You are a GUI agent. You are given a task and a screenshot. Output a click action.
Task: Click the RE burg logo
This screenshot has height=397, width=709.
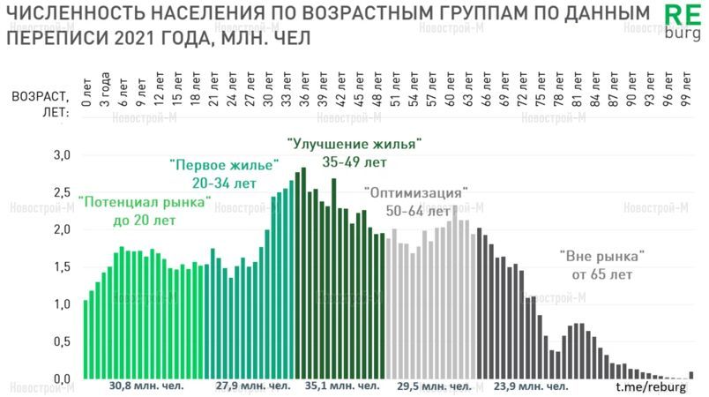point(681,24)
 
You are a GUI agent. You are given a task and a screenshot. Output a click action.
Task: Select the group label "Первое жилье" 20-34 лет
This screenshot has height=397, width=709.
point(224,174)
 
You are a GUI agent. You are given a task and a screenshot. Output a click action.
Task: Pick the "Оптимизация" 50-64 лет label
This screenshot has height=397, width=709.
point(415,202)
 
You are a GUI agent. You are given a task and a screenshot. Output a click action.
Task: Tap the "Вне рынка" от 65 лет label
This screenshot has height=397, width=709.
point(603,265)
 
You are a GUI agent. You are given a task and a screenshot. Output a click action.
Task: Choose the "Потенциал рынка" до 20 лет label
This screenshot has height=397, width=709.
point(145,211)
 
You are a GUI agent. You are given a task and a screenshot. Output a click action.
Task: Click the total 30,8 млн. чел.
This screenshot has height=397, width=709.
point(146,386)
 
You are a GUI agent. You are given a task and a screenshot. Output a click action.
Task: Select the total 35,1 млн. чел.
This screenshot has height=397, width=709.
point(343,386)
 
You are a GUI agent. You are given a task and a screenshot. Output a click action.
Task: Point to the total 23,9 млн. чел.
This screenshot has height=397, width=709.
point(531,386)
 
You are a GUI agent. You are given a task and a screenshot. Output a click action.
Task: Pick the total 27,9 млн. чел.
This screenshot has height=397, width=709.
point(253,386)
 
